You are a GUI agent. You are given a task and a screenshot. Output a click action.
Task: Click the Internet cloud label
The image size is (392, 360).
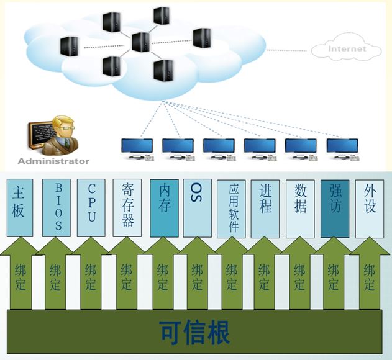[x=347, y=49]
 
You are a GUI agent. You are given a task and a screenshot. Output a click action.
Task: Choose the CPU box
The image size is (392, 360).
[x=92, y=207]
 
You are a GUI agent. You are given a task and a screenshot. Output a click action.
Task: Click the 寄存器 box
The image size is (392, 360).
[x=128, y=207]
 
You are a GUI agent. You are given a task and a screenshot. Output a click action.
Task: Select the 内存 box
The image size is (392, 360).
[x=165, y=207]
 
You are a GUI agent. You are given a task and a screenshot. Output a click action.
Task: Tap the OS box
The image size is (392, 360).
[x=198, y=207]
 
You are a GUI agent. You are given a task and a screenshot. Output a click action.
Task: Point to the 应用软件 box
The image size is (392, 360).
[x=232, y=207]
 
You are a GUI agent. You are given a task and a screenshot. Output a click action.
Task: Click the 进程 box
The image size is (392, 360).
[x=266, y=207]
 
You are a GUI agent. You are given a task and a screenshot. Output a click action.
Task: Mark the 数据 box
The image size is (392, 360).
[x=301, y=207]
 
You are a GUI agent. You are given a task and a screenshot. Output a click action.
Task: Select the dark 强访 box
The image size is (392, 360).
[x=335, y=207]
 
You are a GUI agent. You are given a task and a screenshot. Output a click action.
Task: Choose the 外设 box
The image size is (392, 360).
[x=370, y=207]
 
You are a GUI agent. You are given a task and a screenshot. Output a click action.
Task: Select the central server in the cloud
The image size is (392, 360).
[x=141, y=42]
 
